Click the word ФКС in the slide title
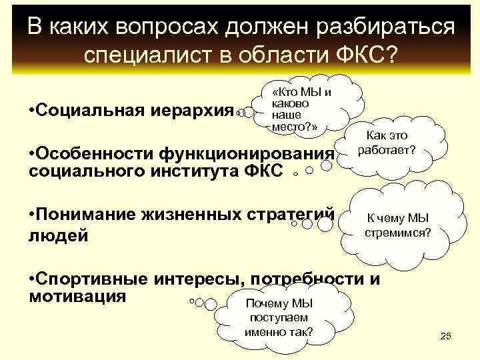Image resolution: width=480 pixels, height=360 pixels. (x=359, y=54)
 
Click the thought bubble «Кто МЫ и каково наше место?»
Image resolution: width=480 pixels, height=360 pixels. (x=301, y=109)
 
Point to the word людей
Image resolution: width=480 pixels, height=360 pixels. (x=59, y=235)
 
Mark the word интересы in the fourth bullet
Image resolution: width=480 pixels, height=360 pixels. (x=193, y=279)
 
